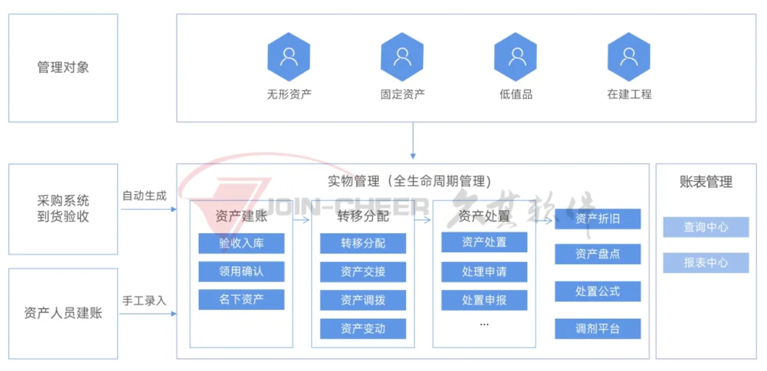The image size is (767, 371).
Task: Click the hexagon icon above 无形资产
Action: point(289,57)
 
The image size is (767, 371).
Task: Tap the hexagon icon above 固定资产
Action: point(402,57)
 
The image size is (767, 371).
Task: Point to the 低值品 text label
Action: point(515,94)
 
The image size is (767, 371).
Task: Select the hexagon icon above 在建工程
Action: point(629,57)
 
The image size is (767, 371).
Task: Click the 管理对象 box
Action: point(63,68)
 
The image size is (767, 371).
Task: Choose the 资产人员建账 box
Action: point(63,313)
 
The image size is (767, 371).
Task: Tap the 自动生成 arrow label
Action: point(144,196)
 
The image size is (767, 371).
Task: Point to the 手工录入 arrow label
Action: point(144,301)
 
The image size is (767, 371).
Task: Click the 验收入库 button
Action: point(241,244)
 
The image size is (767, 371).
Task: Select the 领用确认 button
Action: point(241,272)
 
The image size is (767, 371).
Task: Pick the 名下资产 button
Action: point(241,299)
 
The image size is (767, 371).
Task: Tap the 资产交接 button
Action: point(363,272)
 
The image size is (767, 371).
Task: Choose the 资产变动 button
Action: point(363,329)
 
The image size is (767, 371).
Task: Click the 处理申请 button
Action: point(484,272)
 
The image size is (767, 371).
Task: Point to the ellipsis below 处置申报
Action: point(484,324)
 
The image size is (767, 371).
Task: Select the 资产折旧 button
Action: point(598,219)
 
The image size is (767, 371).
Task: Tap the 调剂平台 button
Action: point(598,329)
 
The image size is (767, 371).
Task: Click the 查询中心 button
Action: point(706,227)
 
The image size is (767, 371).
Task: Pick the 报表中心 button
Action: point(706,263)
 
